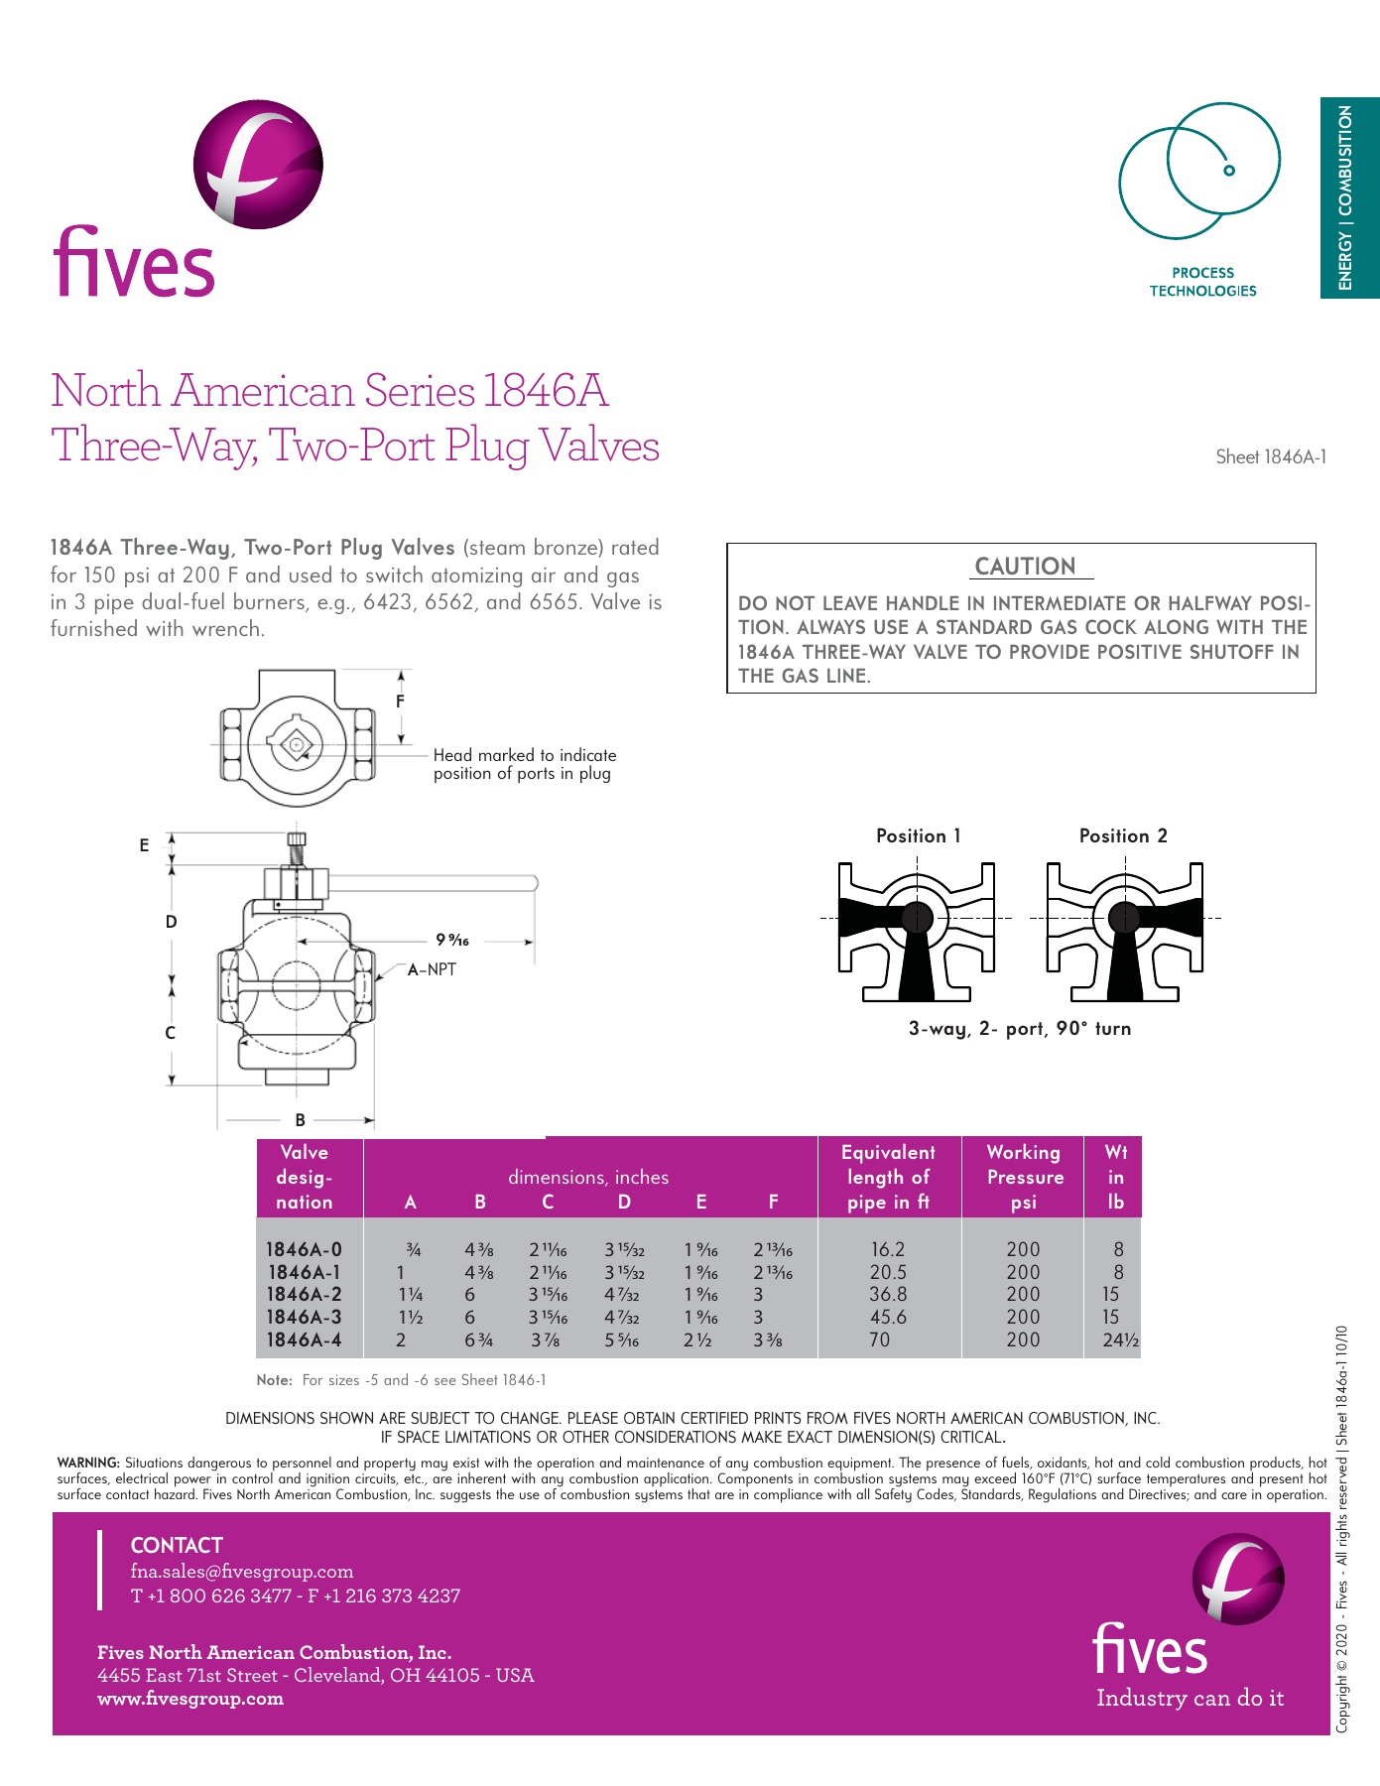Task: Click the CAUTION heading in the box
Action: (1025, 567)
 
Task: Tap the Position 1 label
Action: (918, 835)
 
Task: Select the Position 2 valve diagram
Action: (1124, 930)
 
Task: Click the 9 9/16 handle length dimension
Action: (452, 940)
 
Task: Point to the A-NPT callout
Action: (432, 969)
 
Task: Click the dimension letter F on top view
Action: (401, 701)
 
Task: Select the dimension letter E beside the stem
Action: (145, 845)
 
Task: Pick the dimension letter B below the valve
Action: (300, 1119)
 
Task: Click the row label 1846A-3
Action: (304, 1317)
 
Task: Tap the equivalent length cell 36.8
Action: (888, 1294)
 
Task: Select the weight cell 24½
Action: (1120, 1339)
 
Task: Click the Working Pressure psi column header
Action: (1024, 1177)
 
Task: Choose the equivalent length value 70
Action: (879, 1339)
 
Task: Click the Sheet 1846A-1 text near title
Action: (1271, 457)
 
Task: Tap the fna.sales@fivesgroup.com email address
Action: (241, 1571)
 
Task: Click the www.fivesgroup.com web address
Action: (189, 1698)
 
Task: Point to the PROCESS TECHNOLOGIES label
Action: (1202, 282)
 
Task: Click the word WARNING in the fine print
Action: (88, 1463)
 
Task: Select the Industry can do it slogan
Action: (1190, 1698)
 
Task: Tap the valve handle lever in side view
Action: (437, 882)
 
